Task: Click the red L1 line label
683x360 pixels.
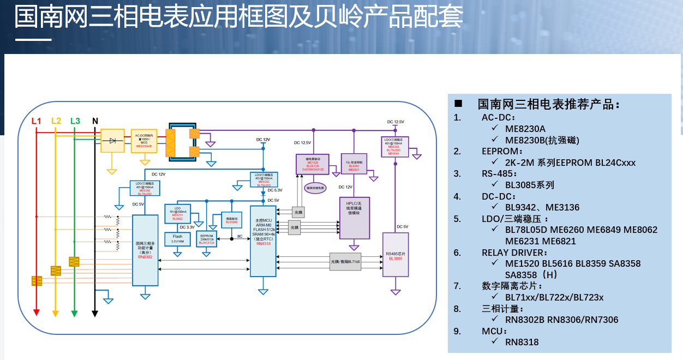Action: coord(36,121)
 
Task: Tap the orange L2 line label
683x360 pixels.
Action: coord(56,121)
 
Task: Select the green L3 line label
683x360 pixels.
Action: coord(75,121)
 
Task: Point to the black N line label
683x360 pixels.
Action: coord(95,121)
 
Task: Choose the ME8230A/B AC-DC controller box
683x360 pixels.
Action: coord(145,141)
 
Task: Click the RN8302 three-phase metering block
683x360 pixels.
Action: coord(145,250)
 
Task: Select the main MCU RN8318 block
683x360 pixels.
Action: coord(263,240)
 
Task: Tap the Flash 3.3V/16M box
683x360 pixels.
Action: coord(177,239)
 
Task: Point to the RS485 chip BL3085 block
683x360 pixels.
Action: coord(396,254)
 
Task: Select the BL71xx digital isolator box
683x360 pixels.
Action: coord(345,261)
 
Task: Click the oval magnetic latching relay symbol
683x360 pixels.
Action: coord(314,188)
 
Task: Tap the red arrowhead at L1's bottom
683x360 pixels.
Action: coord(36,313)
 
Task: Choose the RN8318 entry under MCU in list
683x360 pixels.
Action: coord(522,342)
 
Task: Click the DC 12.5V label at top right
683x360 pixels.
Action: coord(396,122)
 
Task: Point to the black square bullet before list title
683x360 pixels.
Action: coord(458,104)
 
